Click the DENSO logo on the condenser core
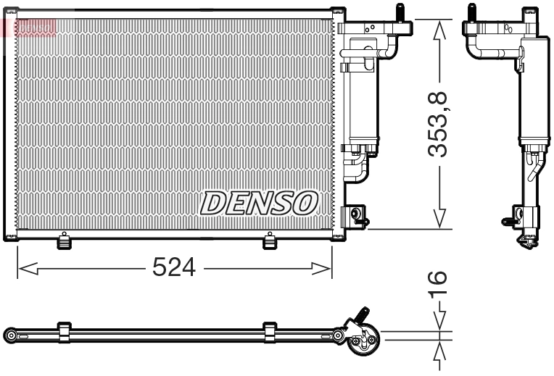click(x=259, y=203)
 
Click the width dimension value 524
click(x=174, y=268)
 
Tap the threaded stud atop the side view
click(x=471, y=12)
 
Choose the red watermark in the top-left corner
click(x=29, y=27)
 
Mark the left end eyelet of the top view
click(x=10, y=335)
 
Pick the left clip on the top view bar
click(x=64, y=333)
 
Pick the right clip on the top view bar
click(x=270, y=333)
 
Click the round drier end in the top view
click(x=362, y=341)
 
